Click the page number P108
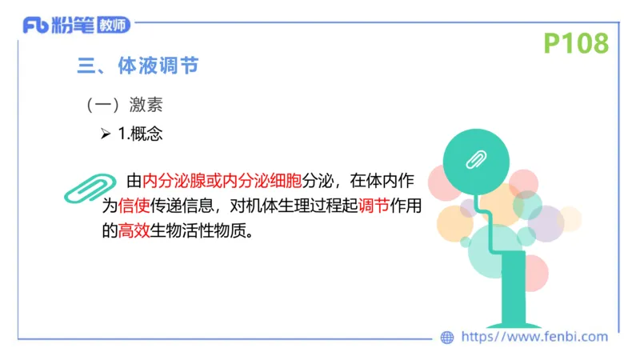tap(576, 43)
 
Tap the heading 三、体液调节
tap(138, 66)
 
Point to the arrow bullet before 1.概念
tap(106, 134)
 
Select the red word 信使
tap(134, 206)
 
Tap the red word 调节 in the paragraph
tap(374, 206)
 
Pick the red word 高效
tap(134, 233)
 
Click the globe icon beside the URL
tap(448, 338)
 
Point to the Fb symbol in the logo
tap(35, 26)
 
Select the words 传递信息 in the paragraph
tap(182, 206)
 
